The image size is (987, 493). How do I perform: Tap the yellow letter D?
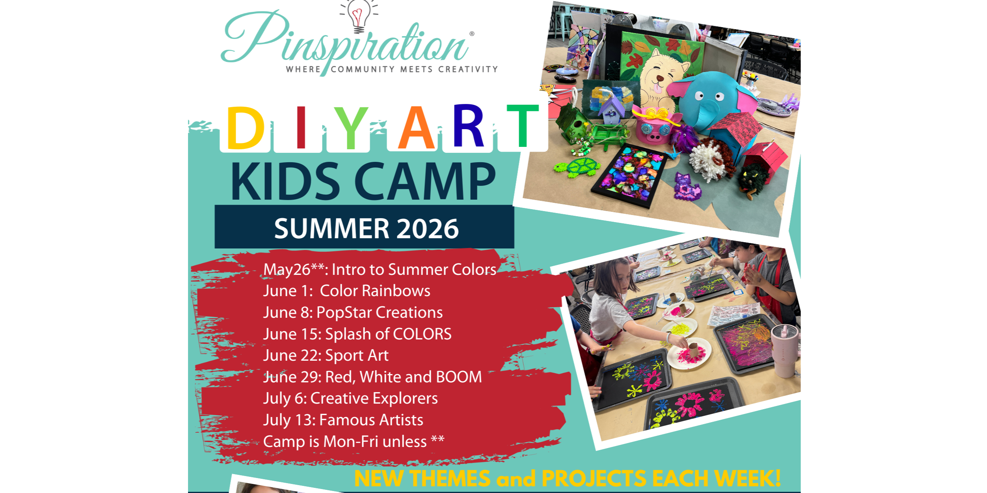pos(245,128)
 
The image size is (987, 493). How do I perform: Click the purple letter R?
pos(468,126)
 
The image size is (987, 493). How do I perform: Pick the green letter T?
pos(523,126)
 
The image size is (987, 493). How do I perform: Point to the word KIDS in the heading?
pos(285,181)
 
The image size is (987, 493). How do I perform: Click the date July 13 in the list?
pos(289,420)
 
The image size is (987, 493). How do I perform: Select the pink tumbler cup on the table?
pos(786,350)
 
